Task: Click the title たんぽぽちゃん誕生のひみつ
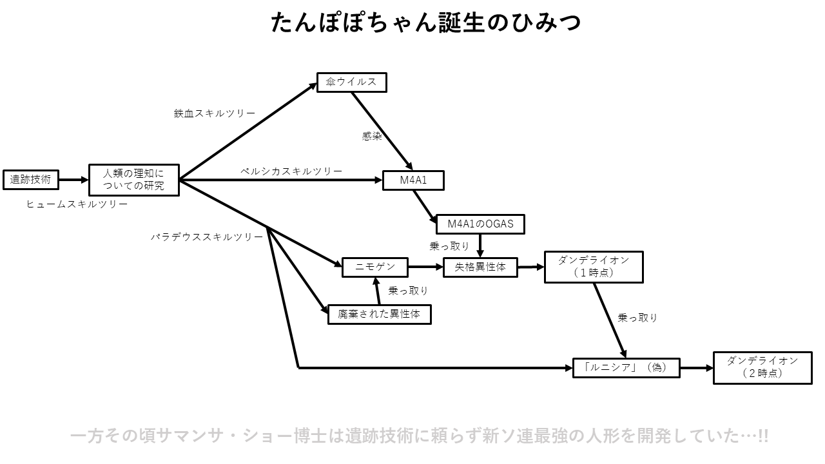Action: (425, 23)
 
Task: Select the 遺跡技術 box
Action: (30, 180)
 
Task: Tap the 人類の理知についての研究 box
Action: (133, 180)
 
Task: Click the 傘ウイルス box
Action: (351, 82)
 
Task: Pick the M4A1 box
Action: (413, 180)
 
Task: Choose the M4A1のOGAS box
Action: (480, 224)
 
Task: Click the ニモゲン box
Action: (375, 267)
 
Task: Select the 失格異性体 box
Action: (480, 267)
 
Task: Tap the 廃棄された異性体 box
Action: (379, 314)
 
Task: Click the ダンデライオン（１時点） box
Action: (593, 267)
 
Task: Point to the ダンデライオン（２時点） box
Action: (762, 367)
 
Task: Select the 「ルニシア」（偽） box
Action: (626, 367)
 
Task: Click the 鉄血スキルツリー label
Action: (214, 113)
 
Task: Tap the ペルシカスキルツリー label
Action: (291, 171)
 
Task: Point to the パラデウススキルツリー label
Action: (207, 237)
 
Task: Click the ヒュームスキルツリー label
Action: (77, 204)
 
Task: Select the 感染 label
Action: (372, 137)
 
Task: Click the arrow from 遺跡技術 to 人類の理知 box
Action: (73, 180)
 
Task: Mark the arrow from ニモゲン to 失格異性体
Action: (425, 266)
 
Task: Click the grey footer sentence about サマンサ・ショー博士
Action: (419, 436)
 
